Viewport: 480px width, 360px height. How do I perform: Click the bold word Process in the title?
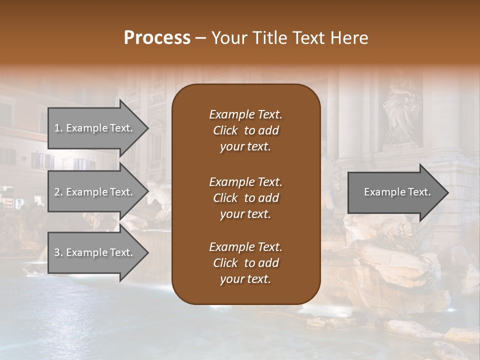[157, 38]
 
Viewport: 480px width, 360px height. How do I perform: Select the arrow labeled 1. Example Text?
[95, 128]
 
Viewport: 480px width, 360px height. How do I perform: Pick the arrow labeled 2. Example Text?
[95, 192]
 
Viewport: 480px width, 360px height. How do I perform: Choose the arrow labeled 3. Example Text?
[95, 252]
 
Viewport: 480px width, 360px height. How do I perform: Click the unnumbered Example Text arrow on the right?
[395, 192]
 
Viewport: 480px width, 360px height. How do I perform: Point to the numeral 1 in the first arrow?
[57, 128]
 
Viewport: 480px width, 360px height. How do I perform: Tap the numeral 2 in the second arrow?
[57, 192]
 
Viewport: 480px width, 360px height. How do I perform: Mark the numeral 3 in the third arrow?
[57, 252]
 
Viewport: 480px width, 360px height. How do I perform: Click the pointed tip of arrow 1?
[146, 128]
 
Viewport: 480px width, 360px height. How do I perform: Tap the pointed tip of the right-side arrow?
[447, 192]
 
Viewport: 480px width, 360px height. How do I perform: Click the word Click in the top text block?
[225, 130]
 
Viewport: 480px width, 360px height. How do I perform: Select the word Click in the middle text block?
[225, 198]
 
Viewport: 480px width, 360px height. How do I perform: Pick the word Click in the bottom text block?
[225, 263]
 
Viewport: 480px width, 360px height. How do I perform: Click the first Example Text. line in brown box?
[245, 114]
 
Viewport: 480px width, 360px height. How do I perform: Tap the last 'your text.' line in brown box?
[245, 279]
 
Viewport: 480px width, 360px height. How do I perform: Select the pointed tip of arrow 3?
[146, 252]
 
